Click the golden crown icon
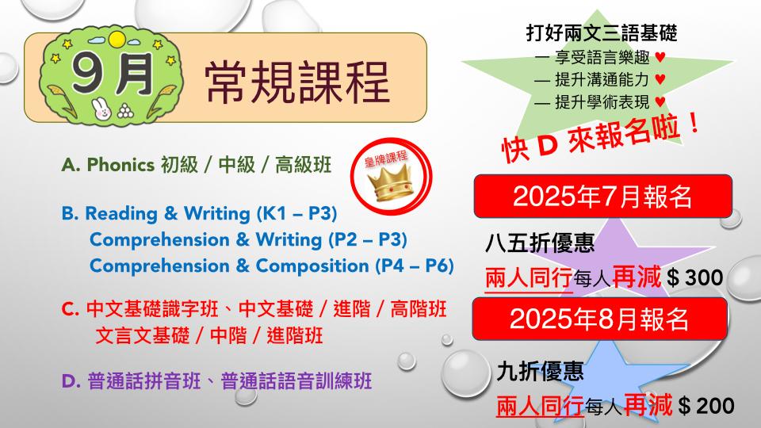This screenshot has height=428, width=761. pyautogui.click(x=390, y=183)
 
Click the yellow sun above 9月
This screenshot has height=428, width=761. pyautogui.click(x=117, y=40)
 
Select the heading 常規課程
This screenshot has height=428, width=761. pyautogui.click(x=297, y=82)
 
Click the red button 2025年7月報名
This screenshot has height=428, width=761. pyautogui.click(x=602, y=196)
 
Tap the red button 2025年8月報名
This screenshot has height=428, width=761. pyautogui.click(x=600, y=319)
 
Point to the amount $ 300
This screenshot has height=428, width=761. pyautogui.click(x=695, y=277)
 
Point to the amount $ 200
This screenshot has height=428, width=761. pyautogui.click(x=706, y=406)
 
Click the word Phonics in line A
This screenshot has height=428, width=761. pyautogui.click(x=120, y=165)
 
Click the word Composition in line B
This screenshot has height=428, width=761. pyautogui.click(x=312, y=266)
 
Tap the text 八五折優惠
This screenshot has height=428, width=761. pyautogui.click(x=540, y=243)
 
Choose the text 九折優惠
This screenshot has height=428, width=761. pyautogui.click(x=540, y=371)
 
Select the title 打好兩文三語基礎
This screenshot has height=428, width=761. pyautogui.click(x=602, y=33)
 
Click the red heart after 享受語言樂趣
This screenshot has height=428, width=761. pyautogui.click(x=660, y=57)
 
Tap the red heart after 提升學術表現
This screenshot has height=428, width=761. pyautogui.click(x=660, y=101)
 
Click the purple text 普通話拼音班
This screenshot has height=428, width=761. pyautogui.click(x=144, y=381)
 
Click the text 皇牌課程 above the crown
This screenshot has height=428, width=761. pyautogui.click(x=386, y=159)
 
